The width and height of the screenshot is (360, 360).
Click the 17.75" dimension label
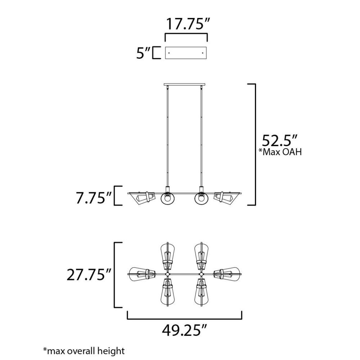(x=188, y=24)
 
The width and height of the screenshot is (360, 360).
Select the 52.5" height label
(x=280, y=140)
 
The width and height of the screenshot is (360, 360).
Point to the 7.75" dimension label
(x=94, y=198)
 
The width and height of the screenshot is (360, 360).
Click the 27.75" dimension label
(x=89, y=275)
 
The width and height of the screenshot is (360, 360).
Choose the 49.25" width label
(x=185, y=330)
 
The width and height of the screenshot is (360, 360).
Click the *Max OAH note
(x=280, y=152)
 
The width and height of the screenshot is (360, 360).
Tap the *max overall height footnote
(x=84, y=351)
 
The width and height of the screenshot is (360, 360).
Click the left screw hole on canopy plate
(x=169, y=53)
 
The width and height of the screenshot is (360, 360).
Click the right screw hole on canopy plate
(x=202, y=53)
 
